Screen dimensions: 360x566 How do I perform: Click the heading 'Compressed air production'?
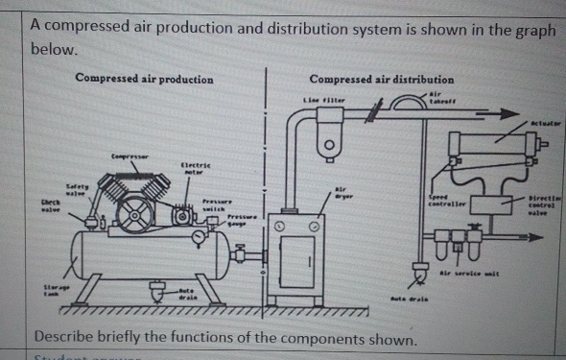click(x=144, y=78)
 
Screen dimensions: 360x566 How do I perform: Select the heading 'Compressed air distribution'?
click(x=382, y=79)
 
